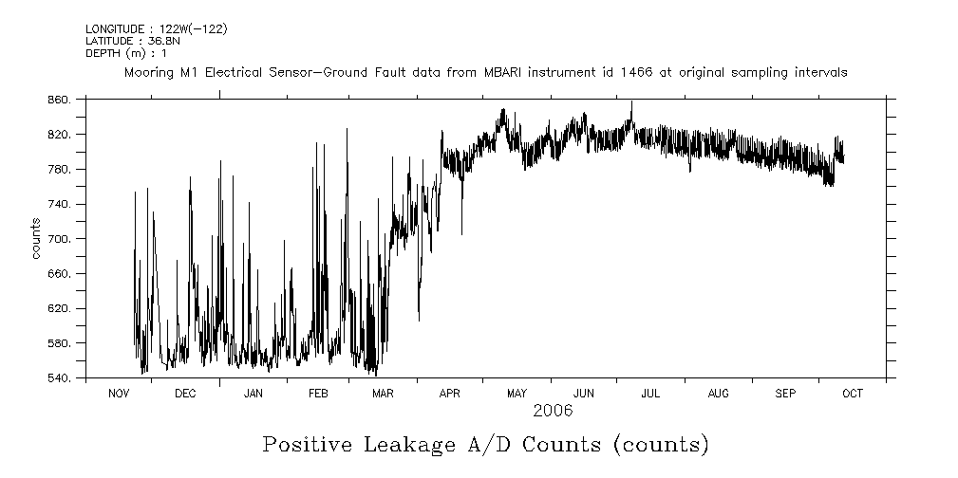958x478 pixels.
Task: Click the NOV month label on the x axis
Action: point(119,394)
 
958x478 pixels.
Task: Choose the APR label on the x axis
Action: point(450,394)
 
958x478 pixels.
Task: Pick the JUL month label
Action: point(651,394)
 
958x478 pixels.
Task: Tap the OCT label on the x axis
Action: point(853,394)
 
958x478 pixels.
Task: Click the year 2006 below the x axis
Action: point(553,411)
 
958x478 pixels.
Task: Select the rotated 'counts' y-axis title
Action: point(36,239)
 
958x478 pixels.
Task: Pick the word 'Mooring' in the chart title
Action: point(148,72)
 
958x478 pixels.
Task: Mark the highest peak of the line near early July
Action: point(631,102)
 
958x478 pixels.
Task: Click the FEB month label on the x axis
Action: point(319,394)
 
